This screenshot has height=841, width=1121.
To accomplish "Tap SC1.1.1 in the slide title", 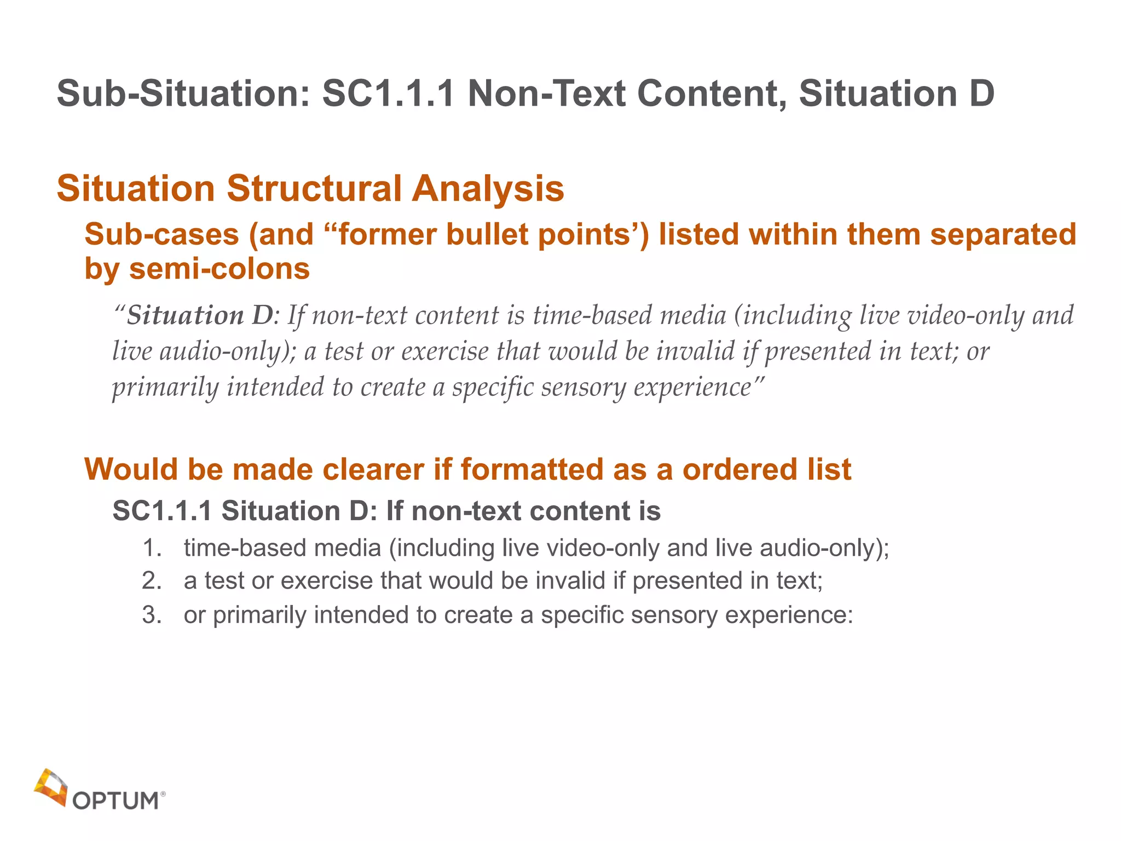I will pos(388,94).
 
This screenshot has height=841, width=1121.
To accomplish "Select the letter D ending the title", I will pos(981,94).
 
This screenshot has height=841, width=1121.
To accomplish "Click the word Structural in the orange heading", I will pos(314,188).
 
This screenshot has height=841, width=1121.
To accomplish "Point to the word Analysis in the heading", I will pos(488,188).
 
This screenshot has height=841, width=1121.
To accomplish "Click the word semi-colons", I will pos(219,269).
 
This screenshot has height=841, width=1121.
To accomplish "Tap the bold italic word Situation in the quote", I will pos(186,316).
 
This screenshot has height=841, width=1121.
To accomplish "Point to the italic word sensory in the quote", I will pos(583,388).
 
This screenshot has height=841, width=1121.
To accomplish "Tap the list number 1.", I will pos(152,548).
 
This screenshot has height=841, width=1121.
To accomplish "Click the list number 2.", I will pos(152,581).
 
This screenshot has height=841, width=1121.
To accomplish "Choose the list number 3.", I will pos(152,615).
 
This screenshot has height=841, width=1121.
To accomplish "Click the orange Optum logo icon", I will pos(51,787).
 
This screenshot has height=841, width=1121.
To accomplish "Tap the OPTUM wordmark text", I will pos(115,801).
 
